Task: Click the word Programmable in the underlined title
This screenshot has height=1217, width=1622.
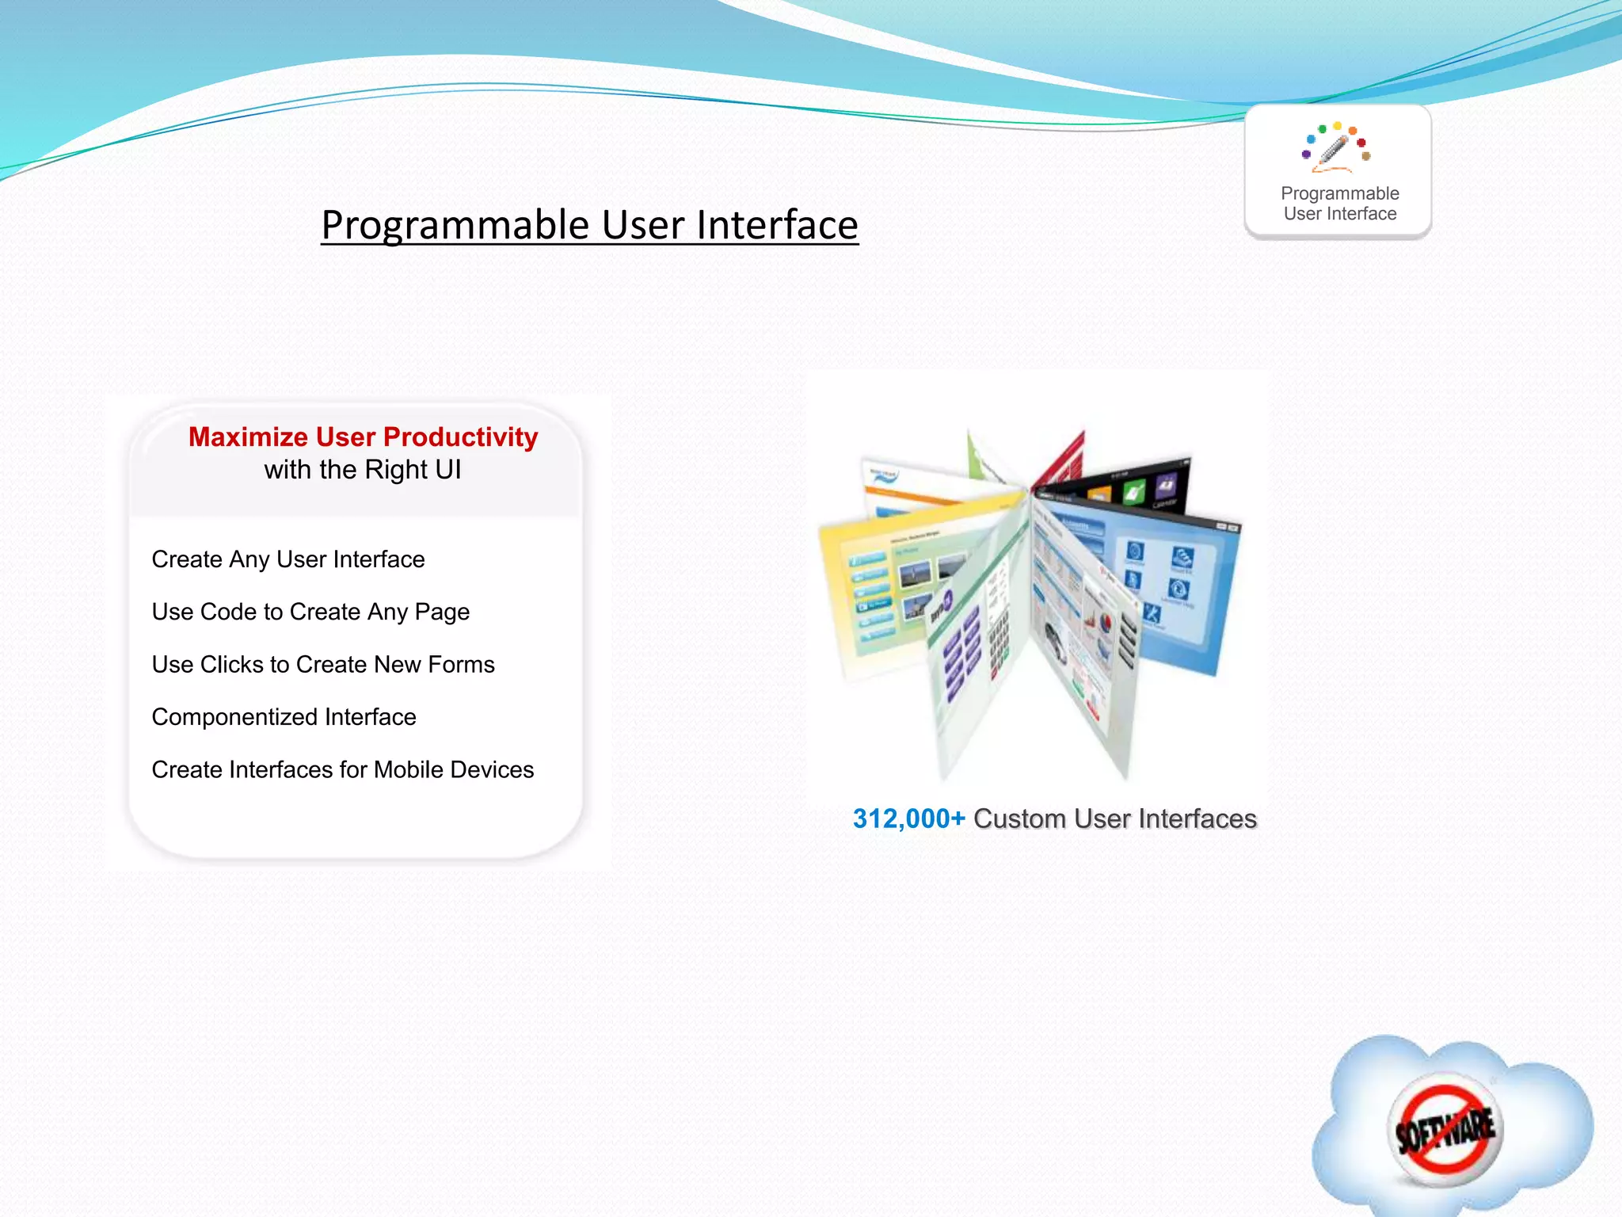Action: (456, 225)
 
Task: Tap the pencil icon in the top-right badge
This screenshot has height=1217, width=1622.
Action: (1335, 148)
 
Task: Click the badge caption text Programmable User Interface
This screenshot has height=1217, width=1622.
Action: (1339, 204)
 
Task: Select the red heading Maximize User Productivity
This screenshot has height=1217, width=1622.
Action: (363, 437)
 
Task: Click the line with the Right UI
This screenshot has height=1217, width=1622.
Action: (363, 470)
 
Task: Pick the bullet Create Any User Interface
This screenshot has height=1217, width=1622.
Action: (288, 559)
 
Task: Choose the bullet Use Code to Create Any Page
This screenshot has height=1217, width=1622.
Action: (310, 612)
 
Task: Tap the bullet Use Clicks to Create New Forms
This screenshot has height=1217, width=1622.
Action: (323, 664)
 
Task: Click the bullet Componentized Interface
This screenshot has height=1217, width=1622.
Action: (284, 717)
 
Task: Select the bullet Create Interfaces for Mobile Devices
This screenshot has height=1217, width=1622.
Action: (342, 769)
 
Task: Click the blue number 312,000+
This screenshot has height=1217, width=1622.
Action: (908, 818)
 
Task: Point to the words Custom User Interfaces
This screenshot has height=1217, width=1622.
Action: (1114, 818)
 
